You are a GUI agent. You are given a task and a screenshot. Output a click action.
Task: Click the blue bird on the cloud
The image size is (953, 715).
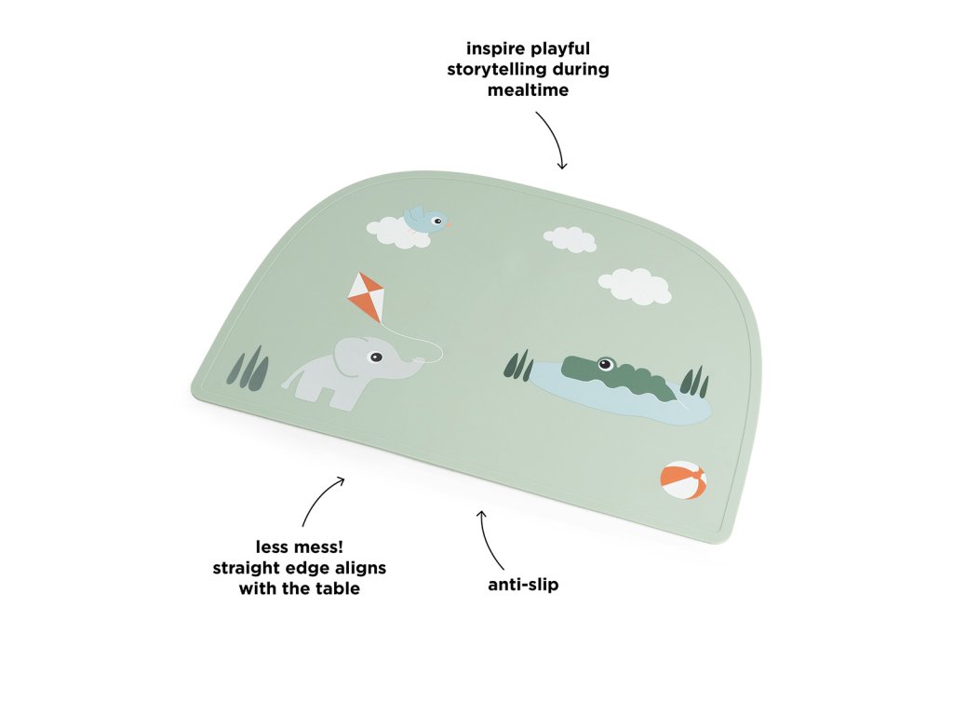pyautogui.click(x=424, y=220)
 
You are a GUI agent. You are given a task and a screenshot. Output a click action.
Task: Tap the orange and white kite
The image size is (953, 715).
pyautogui.click(x=366, y=296)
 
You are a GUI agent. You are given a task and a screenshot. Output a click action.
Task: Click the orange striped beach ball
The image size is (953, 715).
pyautogui.click(x=683, y=479)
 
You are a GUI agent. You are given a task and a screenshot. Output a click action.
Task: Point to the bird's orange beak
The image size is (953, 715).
pyautogui.click(x=448, y=223)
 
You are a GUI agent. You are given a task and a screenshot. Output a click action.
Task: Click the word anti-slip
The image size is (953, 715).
pyautogui.click(x=524, y=586)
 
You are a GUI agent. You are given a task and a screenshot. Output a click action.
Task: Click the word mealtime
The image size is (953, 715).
pyautogui.click(x=528, y=90)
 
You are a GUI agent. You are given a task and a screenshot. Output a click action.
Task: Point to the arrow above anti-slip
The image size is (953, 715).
pyautogui.click(x=490, y=539)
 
